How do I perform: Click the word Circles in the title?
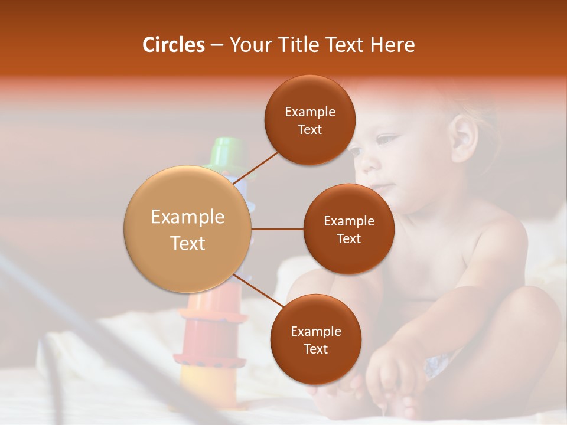[x=173, y=45]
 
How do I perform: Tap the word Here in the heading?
[x=392, y=45]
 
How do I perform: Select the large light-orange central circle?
[x=188, y=230]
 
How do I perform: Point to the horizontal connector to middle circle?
[x=278, y=229]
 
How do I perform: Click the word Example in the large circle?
[x=188, y=217]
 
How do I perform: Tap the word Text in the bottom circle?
[x=315, y=349]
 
